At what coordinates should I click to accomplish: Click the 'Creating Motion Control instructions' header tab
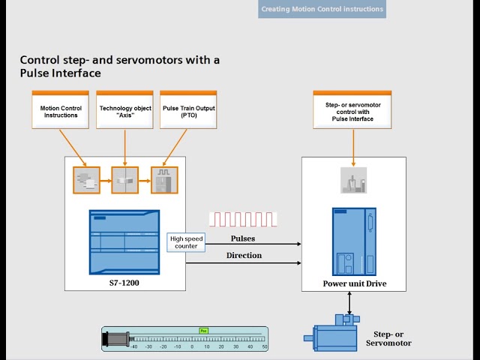(322, 9)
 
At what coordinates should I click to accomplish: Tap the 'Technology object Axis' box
(125, 112)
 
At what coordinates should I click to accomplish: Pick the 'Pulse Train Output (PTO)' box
(188, 112)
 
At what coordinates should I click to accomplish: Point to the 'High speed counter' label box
(184, 241)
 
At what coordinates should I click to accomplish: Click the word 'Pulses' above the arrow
(242, 238)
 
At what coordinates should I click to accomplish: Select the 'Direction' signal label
(244, 256)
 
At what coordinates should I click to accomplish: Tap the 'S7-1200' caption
(124, 283)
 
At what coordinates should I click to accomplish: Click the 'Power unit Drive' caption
(354, 283)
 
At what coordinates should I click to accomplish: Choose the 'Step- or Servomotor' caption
(388, 338)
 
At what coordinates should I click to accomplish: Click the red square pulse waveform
(243, 219)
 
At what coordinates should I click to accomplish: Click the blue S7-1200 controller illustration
(124, 241)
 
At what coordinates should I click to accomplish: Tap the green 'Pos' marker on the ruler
(203, 330)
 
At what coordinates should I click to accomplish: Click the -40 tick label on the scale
(133, 347)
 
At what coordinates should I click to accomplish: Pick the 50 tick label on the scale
(265, 347)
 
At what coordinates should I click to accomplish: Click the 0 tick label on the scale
(192, 347)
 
